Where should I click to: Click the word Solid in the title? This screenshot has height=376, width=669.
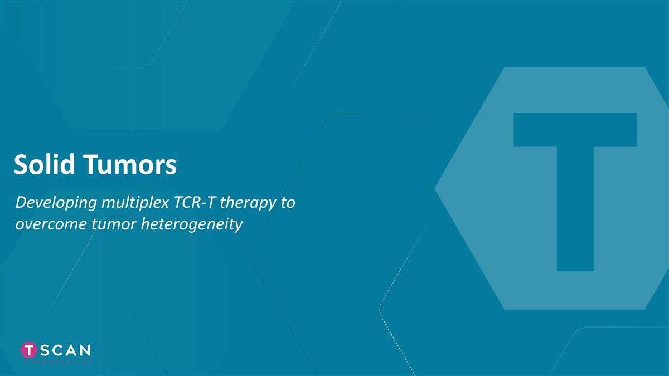pos(47,165)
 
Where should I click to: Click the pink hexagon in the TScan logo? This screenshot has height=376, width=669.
pos(29,350)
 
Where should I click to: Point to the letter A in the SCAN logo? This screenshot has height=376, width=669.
pos(71,350)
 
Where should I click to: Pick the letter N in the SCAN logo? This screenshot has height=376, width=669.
pos(84,350)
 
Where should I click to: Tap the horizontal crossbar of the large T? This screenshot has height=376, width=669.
pos(575,129)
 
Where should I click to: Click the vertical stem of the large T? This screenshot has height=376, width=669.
pos(575,212)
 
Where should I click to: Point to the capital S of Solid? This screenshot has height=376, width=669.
pos(21,165)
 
